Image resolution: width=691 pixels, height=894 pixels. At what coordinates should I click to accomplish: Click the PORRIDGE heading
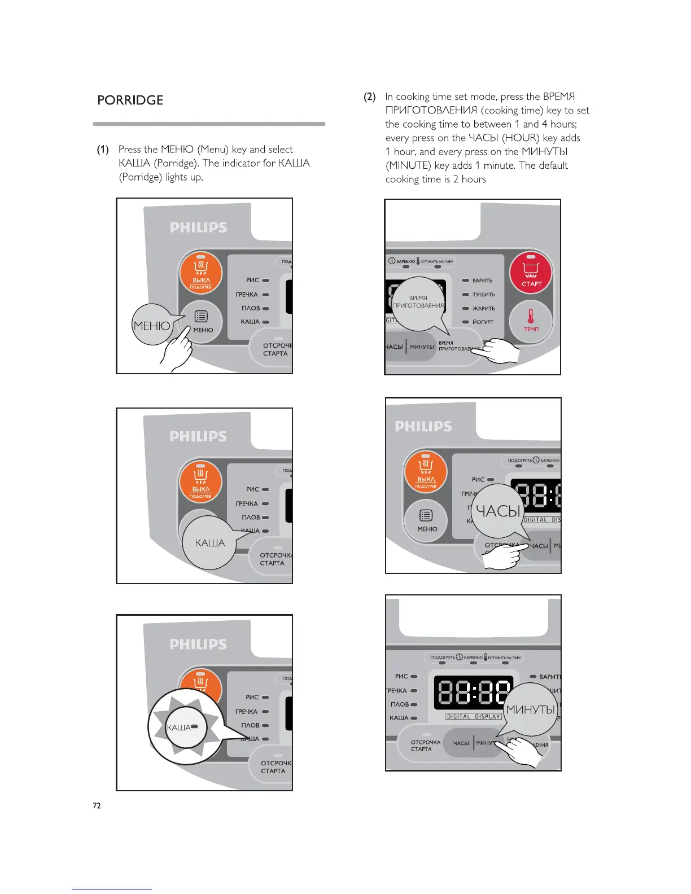coord(130,100)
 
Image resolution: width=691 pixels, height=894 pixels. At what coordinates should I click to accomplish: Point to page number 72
coord(97,805)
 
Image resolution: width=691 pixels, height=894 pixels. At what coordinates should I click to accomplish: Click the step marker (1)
coord(102,150)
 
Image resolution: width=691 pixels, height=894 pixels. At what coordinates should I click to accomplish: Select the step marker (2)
coord(369,97)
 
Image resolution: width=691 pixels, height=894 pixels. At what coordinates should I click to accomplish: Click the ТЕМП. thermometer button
coord(531,320)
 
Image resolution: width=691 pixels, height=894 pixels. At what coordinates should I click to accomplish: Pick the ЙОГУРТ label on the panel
coord(483,322)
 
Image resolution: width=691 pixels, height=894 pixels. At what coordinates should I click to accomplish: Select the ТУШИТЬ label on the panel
coord(483,295)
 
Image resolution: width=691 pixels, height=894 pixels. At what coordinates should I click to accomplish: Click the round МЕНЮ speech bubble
coord(151,326)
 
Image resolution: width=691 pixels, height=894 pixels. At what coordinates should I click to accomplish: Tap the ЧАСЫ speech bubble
coord(497,511)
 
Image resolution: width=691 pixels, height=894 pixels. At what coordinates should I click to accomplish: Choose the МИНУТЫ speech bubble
coord(531,710)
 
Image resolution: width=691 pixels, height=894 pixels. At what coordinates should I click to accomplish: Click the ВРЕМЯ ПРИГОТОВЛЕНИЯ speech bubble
coord(418,303)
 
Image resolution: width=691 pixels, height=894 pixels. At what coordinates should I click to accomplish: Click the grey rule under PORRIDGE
coord(209,124)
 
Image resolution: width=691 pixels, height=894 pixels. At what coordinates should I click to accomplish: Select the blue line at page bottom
coord(112,889)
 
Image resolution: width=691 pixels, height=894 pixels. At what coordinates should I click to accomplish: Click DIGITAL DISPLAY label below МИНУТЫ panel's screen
coord(473,717)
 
